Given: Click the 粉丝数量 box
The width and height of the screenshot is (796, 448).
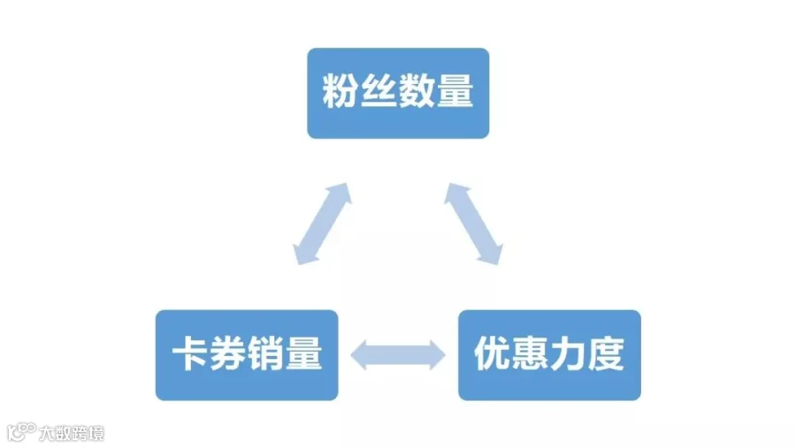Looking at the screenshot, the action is [398, 94].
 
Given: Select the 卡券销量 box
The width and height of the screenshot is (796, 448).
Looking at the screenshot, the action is [247, 355].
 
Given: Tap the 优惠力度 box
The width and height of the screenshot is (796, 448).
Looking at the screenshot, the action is [549, 355].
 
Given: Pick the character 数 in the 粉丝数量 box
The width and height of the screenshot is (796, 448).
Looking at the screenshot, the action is [417, 91].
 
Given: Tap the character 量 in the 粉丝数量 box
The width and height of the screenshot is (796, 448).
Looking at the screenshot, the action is [455, 91].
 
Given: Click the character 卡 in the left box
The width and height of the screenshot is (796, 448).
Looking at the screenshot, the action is [189, 353].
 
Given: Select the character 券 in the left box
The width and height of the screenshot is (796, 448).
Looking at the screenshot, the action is [228, 353].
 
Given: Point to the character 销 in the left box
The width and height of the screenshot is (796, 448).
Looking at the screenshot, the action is [266, 353].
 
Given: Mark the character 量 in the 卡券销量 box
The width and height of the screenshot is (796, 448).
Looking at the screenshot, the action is [304, 353].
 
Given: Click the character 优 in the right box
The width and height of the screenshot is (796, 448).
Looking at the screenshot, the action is [492, 353].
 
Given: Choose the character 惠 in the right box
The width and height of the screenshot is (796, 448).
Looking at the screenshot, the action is [530, 353].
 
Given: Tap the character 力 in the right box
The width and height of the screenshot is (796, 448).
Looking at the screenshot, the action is [568, 353].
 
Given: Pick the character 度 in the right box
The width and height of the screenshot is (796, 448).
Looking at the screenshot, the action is [606, 353].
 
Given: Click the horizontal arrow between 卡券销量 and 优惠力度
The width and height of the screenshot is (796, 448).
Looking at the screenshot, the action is [398, 355].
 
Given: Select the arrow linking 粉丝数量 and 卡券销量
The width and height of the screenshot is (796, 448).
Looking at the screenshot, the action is [322, 224].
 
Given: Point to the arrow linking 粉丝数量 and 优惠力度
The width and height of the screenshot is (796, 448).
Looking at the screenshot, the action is [474, 224].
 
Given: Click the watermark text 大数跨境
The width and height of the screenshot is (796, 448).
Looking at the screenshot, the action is [72, 434].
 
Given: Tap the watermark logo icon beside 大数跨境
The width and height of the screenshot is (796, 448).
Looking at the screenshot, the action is [21, 432].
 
